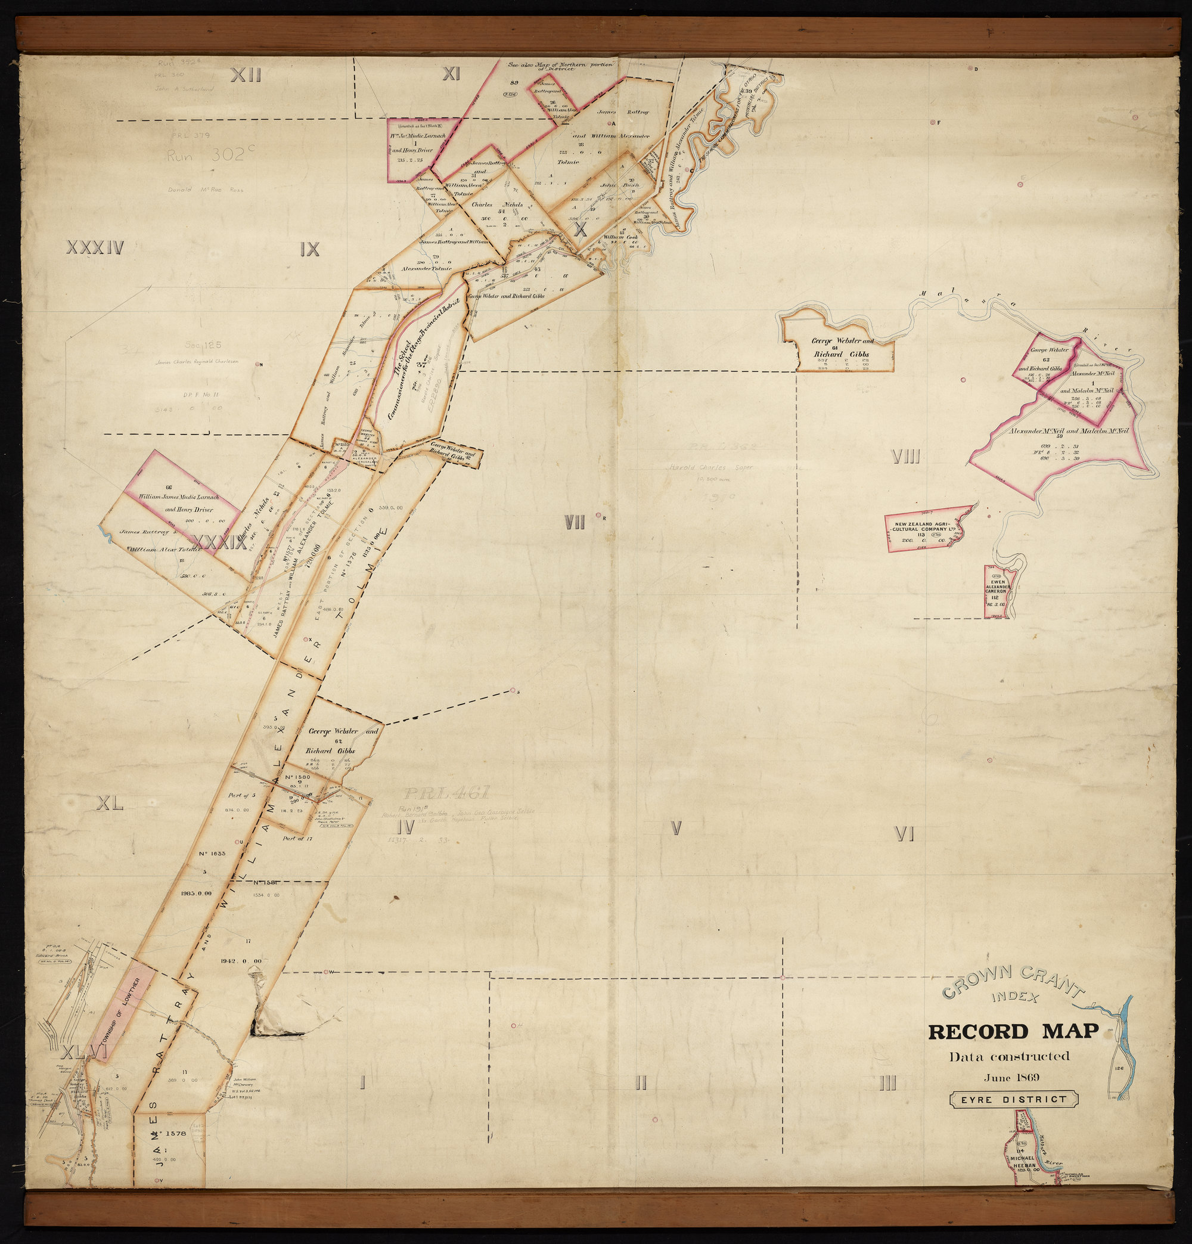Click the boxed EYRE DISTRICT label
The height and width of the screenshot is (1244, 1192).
(x=1014, y=1100)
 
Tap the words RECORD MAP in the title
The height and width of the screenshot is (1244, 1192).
(x=1013, y=1032)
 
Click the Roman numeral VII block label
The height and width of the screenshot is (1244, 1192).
(x=575, y=523)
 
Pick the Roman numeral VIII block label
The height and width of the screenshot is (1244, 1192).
(x=906, y=457)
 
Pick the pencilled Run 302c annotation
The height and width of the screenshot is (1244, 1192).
(x=206, y=156)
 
